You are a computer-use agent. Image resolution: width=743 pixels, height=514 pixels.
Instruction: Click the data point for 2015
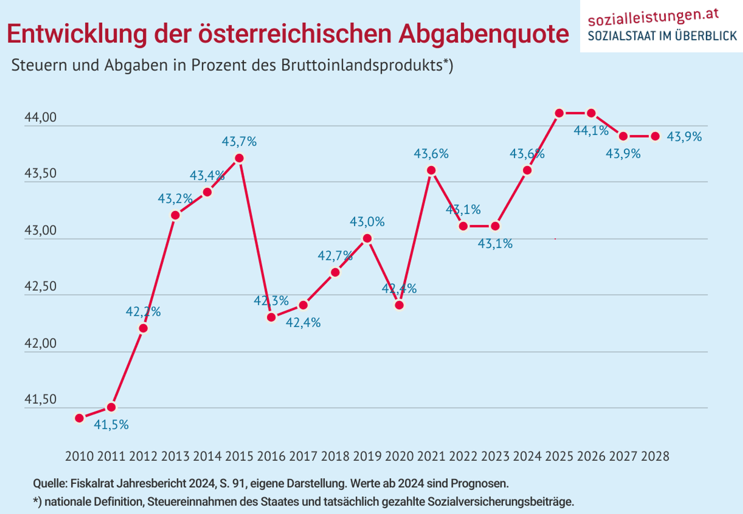(x=239, y=158)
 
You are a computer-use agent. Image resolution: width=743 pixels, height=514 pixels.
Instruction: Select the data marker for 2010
(x=79, y=418)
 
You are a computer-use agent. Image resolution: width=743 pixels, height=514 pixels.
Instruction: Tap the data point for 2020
(x=399, y=305)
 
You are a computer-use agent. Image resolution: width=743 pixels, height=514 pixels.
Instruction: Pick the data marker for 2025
(x=559, y=113)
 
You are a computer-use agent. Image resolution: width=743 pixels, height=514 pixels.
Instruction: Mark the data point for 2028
(x=655, y=136)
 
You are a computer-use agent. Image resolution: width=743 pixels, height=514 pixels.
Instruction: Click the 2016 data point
(x=271, y=317)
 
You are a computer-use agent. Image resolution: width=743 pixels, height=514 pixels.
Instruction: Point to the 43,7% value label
(x=239, y=142)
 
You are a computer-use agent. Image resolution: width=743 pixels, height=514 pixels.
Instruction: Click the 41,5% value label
(x=111, y=425)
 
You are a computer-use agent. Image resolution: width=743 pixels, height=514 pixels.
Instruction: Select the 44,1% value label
(x=591, y=131)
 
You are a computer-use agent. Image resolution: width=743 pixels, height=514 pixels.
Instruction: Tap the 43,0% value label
(x=367, y=222)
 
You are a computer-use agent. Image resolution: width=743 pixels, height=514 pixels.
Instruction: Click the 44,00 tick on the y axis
(x=40, y=117)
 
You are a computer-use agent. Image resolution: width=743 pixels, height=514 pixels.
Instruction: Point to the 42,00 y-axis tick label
(x=40, y=343)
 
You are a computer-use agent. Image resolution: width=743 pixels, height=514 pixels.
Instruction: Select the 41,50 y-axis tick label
(x=40, y=399)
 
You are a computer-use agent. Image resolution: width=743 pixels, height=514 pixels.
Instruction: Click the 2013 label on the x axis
(x=175, y=456)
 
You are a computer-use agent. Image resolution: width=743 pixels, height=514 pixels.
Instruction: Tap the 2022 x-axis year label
(x=463, y=456)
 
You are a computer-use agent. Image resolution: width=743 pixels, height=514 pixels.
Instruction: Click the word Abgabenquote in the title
(x=484, y=34)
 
